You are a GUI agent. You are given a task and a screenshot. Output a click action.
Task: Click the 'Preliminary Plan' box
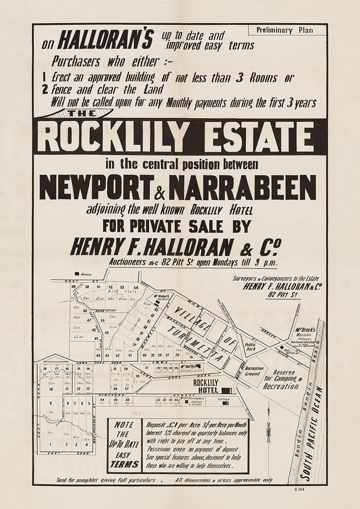[x=291, y=30]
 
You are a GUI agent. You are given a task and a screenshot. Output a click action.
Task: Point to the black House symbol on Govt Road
[x=77, y=274]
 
